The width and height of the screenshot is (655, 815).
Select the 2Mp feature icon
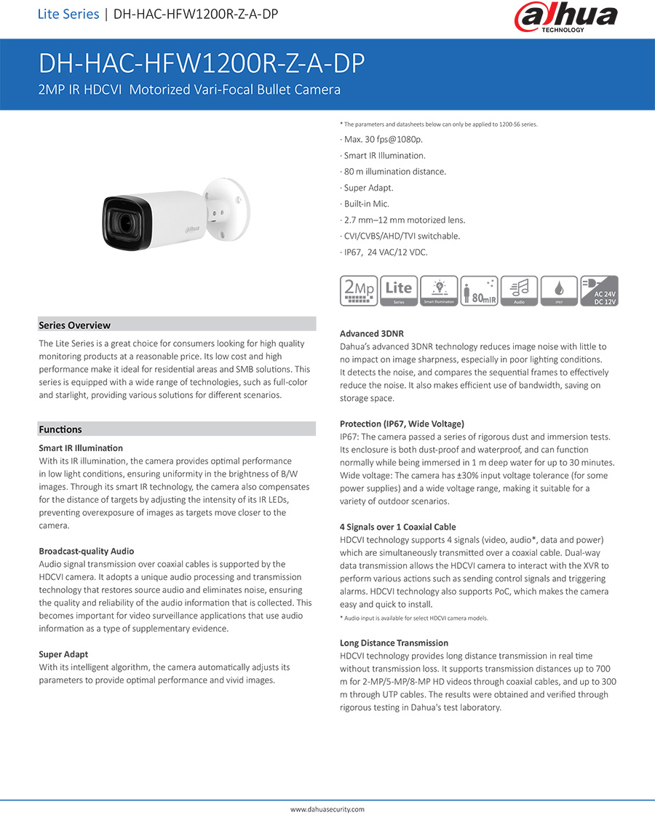pyautogui.click(x=359, y=290)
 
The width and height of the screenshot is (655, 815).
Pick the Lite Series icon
pyautogui.click(x=399, y=290)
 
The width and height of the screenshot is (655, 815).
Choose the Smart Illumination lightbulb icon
pyautogui.click(x=439, y=290)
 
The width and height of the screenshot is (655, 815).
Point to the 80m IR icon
pyautogui.click(x=479, y=290)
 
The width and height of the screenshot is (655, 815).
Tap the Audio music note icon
pyautogui.click(x=519, y=290)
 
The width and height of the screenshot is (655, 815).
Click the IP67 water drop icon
pyautogui.click(x=559, y=290)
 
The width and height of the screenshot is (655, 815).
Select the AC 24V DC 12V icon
pyautogui.click(x=599, y=290)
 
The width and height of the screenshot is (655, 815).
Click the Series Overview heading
pyautogui.click(x=75, y=325)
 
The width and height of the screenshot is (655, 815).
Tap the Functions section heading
pyautogui.click(x=60, y=429)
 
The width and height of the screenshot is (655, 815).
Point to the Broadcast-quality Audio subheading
pyautogui.click(x=86, y=551)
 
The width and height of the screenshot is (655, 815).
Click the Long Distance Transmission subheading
pyautogui.click(x=394, y=643)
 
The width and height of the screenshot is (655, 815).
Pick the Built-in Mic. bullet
pyautogui.click(x=368, y=204)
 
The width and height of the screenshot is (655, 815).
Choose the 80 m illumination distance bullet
pyautogui.click(x=393, y=172)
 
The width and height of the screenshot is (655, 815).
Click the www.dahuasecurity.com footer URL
pyautogui.click(x=327, y=808)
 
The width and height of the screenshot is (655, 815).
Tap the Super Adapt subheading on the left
pyautogui.click(x=63, y=654)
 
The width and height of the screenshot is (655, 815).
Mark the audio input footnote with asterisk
pyautogui.click(x=414, y=618)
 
